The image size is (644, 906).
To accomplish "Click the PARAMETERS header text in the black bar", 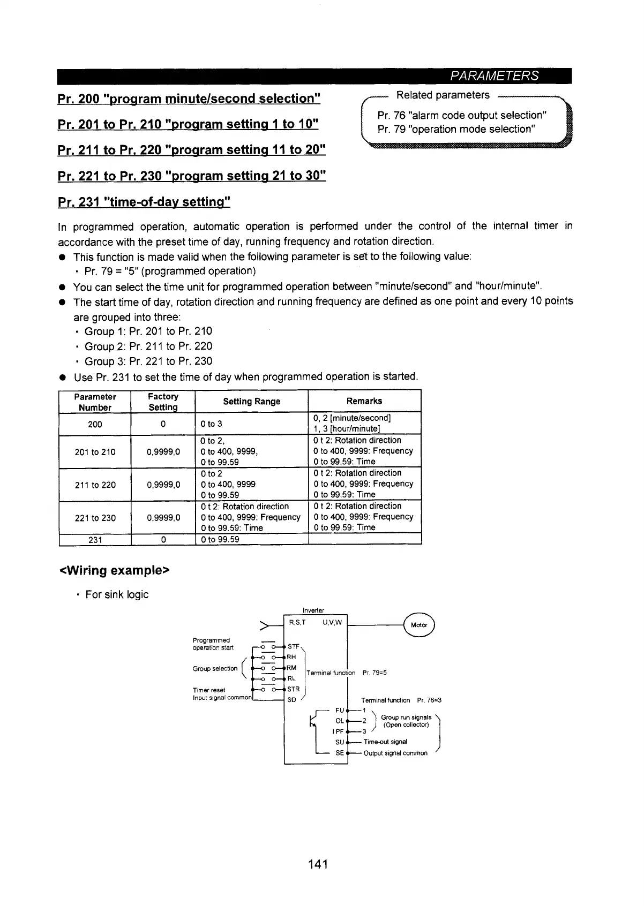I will point(494,76).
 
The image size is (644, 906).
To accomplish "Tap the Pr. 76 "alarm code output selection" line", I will point(461,115).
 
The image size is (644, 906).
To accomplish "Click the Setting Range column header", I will point(251,401).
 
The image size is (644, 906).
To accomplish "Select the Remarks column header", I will point(364,401).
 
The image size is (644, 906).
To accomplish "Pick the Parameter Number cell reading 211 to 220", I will point(95,485).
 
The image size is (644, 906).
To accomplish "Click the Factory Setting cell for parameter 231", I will point(163,540).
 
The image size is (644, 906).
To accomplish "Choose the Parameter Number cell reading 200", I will point(95,424).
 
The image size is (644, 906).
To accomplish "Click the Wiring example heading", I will point(114,570).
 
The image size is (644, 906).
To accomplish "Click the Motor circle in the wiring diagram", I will point(419,625).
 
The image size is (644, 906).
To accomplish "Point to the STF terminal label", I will point(293,646).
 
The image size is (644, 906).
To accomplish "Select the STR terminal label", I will point(293,689).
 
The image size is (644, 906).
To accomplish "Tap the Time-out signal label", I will point(385,742).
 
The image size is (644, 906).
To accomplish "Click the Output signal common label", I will point(395,753).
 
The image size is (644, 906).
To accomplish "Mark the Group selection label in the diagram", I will point(215,668).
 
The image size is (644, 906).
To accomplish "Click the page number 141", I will point(318,864).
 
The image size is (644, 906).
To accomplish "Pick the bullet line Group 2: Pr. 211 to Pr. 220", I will point(148,346).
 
